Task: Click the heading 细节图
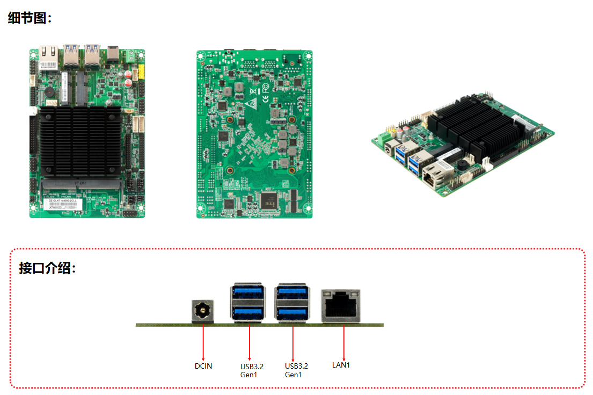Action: point(30,18)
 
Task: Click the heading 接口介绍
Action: point(47,268)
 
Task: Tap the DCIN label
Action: point(203,366)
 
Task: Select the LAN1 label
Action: point(341,365)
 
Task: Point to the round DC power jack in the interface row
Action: point(203,311)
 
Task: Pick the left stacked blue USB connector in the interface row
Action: point(247,303)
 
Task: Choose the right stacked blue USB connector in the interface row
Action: point(292,303)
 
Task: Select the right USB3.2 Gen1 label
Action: point(296,370)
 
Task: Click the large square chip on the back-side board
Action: point(268,200)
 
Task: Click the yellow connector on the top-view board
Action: point(141,72)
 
